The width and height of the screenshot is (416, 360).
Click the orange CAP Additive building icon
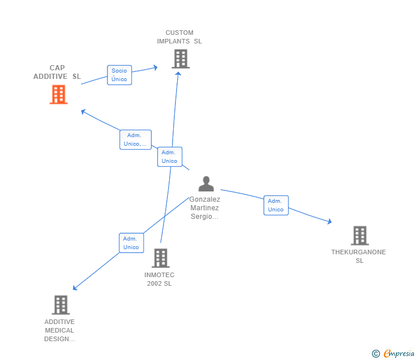pyautogui.click(x=58, y=94)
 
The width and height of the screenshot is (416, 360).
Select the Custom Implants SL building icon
pyautogui.click(x=180, y=59)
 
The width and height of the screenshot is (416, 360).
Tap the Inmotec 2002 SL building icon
pyautogui.click(x=161, y=258)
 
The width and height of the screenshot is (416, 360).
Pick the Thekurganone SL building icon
pyautogui.click(x=359, y=235)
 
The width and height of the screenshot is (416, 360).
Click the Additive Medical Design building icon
pyautogui.click(x=61, y=305)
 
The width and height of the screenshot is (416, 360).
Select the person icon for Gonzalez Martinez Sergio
pyautogui.click(x=206, y=184)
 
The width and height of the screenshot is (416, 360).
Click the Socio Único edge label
pyautogui.click(x=119, y=75)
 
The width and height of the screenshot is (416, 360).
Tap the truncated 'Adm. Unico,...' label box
pyautogui.click(x=135, y=139)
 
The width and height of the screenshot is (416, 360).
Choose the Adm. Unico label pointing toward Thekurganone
pyautogui.click(x=275, y=205)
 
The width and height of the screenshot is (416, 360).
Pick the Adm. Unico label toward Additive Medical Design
pyautogui.click(x=131, y=243)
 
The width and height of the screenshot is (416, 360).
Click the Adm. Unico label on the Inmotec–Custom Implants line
pyautogui.click(x=170, y=157)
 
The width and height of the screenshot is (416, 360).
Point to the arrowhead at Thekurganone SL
pyautogui.click(x=329, y=222)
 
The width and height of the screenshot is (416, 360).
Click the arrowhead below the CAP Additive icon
pyautogui.click(x=83, y=111)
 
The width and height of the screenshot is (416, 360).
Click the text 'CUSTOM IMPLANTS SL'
pyautogui.click(x=179, y=37)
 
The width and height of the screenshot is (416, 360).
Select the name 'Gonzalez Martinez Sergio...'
pyautogui.click(x=205, y=208)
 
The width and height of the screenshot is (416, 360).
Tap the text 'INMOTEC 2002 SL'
pyautogui.click(x=159, y=279)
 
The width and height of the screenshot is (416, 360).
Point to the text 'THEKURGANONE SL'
pyautogui.click(x=359, y=256)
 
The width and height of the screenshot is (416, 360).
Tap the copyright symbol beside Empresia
pyautogui.click(x=376, y=354)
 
